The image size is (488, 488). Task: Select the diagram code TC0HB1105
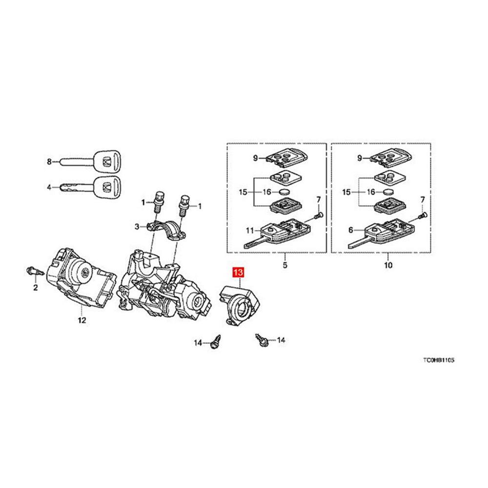coord(439,361)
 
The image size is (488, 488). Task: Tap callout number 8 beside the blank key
coord(49,162)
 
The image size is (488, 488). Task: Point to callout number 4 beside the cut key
coord(49,186)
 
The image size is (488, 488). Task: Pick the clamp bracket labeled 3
coord(170,229)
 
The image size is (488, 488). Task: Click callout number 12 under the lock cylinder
coord(81,320)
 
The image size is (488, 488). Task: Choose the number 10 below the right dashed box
coord(387,266)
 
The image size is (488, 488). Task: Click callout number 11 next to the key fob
coord(249,230)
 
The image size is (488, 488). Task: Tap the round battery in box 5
coord(285,192)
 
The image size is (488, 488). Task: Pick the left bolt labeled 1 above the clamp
coord(158,200)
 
